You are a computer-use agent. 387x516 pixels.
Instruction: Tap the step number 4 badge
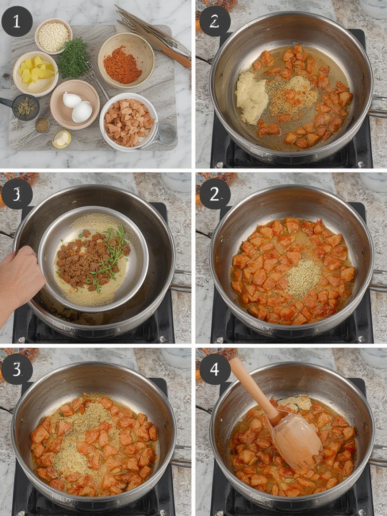214,370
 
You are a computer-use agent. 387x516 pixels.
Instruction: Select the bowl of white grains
54,36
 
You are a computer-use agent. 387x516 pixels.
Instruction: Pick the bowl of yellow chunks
35,74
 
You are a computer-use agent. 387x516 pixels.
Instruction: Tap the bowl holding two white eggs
75,104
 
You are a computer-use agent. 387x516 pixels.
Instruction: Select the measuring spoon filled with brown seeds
42,125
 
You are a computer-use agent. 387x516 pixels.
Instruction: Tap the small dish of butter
61,139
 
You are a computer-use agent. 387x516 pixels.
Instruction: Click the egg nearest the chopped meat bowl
82,112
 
